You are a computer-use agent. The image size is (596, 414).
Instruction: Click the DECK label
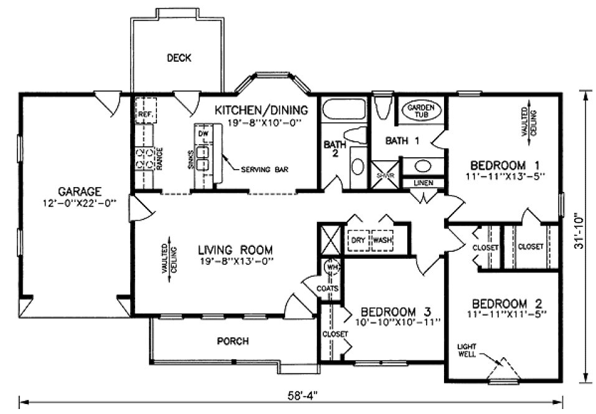point(179,58)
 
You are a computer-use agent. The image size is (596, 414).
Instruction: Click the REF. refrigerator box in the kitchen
point(146,115)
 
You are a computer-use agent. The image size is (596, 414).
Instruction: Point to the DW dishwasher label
point(203,134)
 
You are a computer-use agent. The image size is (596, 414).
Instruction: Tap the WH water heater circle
point(331,267)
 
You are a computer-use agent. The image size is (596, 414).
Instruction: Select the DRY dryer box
point(357,240)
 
